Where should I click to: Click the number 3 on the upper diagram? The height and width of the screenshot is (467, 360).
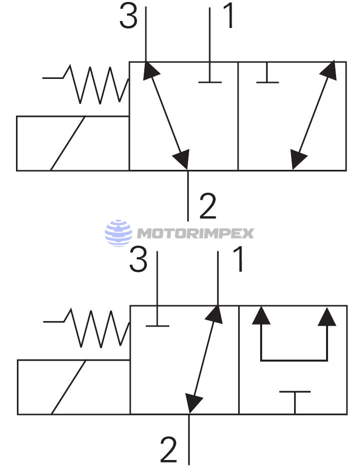coord(129,18)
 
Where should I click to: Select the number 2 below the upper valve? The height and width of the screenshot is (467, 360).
coord(208,207)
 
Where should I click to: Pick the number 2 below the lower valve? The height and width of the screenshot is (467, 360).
coord(169,450)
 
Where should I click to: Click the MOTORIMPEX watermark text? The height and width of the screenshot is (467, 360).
coord(195,233)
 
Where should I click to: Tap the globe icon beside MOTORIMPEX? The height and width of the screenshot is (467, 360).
coord(118,233)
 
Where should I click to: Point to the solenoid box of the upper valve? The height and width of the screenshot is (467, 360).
coord(73,143)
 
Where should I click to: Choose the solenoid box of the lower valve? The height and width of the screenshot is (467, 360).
coord(73,387)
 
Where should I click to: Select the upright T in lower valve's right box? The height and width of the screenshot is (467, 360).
coord(295,400)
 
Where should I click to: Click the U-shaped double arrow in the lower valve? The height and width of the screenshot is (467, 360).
coord(294,337)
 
